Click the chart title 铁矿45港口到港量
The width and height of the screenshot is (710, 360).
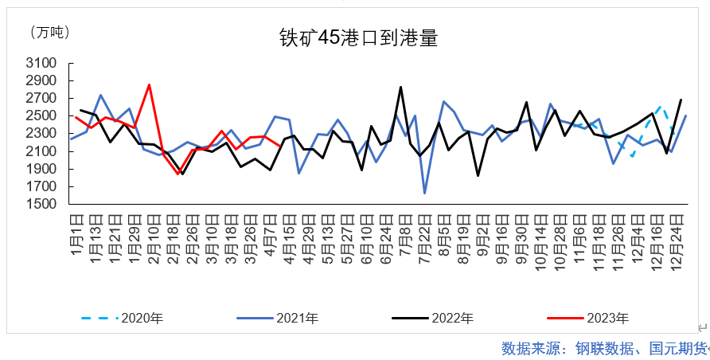tap(358, 37)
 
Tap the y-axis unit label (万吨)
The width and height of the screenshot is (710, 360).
tap(49, 32)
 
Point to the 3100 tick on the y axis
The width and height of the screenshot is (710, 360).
tap(41, 63)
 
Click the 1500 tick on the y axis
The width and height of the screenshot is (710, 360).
tap(41, 204)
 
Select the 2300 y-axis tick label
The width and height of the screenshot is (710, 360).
tap(41, 134)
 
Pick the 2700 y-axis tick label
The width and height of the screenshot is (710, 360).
tap(41, 99)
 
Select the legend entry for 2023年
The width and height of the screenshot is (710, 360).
tap(607, 319)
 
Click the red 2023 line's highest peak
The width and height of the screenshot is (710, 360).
tap(149, 84)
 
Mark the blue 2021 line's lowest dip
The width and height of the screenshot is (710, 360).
tap(424, 193)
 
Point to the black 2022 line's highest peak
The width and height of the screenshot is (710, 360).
tap(400, 87)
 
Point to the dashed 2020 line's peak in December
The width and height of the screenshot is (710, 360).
tap(661, 105)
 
